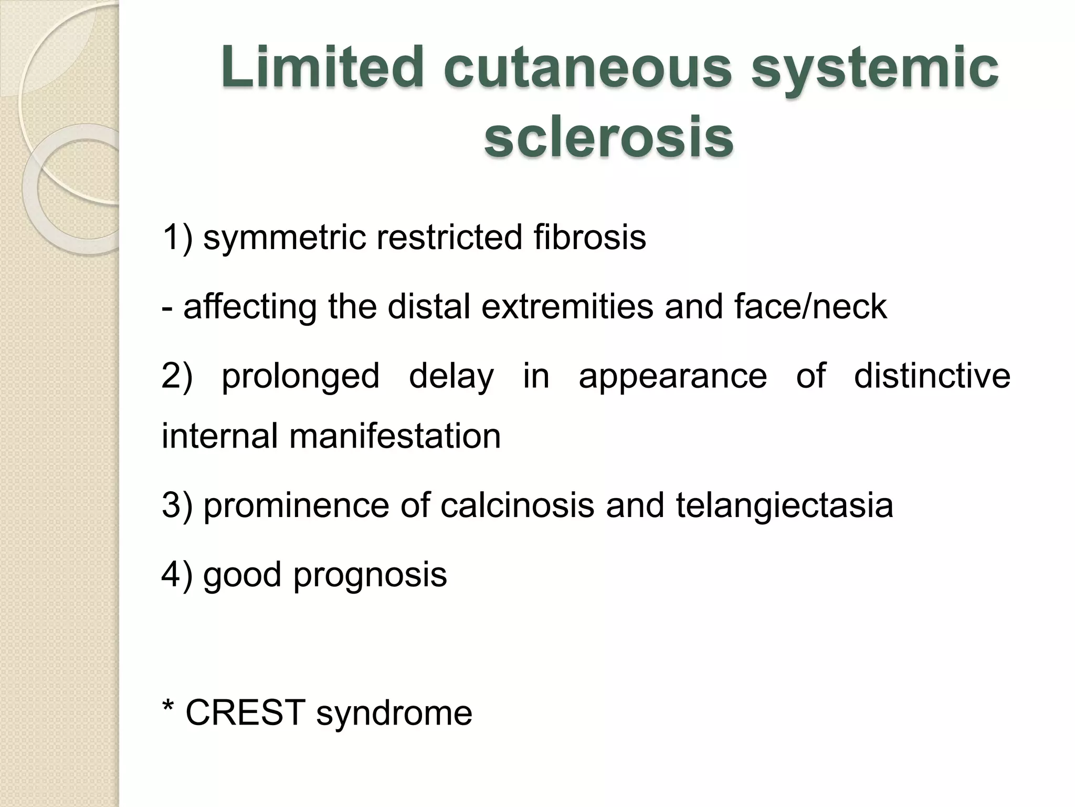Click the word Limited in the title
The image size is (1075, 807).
322,68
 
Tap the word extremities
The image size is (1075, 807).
567,307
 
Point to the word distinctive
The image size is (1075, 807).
932,376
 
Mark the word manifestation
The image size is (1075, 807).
395,436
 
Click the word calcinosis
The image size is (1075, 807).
517,505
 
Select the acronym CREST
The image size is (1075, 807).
245,713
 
